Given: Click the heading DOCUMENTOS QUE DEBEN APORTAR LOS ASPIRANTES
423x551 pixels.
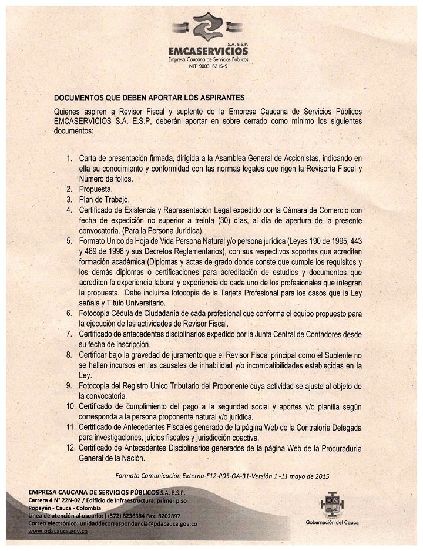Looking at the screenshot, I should pyautogui.click(x=149, y=98).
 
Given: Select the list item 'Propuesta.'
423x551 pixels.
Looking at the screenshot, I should pyautogui.click(x=96, y=189).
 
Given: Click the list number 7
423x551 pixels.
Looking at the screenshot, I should pyautogui.click(x=68, y=334).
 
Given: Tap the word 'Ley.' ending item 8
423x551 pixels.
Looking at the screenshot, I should pyautogui.click(x=86, y=375).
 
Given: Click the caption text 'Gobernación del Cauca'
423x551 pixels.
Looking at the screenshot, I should pyautogui.click(x=333, y=522).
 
